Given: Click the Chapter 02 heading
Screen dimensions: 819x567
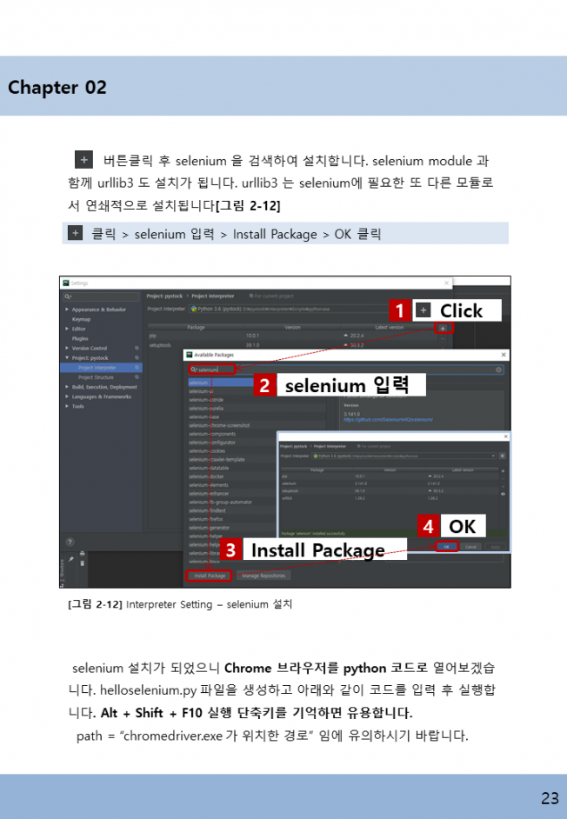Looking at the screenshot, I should (57, 87).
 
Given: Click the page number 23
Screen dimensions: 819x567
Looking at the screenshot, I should (549, 798).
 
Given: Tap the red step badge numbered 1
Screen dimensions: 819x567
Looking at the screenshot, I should (399, 310).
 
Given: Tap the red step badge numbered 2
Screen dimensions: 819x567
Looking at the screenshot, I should (265, 384).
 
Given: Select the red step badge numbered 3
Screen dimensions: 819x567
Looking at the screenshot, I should (230, 549).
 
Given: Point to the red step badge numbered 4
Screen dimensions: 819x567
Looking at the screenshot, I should (428, 526).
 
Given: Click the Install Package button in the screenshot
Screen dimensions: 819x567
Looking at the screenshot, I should (208, 576).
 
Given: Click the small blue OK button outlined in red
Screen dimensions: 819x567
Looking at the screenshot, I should (446, 547).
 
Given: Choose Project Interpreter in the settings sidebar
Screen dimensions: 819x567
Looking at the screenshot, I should (97, 368).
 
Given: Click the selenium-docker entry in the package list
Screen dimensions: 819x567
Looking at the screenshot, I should (206, 476).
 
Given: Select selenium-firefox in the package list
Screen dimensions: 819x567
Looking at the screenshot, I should (207, 518).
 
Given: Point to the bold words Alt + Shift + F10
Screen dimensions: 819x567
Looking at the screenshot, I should (146, 713).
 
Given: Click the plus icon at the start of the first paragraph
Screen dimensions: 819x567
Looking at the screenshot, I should (83, 160).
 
